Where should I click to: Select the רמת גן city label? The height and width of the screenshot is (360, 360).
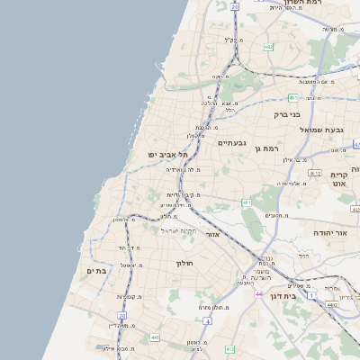(x=267, y=148)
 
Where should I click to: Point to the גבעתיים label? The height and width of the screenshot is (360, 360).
(x=232, y=142)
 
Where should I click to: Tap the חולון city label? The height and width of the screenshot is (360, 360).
(x=190, y=263)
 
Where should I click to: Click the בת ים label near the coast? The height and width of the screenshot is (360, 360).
(x=97, y=270)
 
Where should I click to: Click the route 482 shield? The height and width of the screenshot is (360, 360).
(x=269, y=47)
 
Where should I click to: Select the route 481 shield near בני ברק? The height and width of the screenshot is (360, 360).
(x=292, y=97)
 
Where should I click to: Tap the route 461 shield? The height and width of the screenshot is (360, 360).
(x=246, y=203)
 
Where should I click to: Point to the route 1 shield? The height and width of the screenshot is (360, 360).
(x=312, y=295)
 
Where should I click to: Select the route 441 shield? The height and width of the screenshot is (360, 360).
(x=155, y=337)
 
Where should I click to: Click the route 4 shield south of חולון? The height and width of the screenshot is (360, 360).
(x=207, y=320)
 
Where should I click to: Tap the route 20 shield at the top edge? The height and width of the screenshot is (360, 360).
(x=234, y=7)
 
